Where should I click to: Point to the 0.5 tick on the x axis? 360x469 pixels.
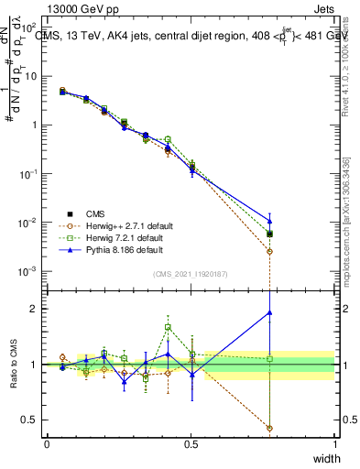(191, 443)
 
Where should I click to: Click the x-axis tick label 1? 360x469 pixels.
(334, 443)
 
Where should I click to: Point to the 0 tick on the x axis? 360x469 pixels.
(47, 443)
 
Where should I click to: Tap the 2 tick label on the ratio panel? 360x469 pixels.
(35, 309)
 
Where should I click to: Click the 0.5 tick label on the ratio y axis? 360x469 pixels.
(31, 420)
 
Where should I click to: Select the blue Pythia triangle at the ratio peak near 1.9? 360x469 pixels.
(269, 312)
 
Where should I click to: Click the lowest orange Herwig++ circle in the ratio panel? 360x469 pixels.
(269, 428)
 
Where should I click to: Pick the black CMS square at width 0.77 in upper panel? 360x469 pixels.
(269, 234)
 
